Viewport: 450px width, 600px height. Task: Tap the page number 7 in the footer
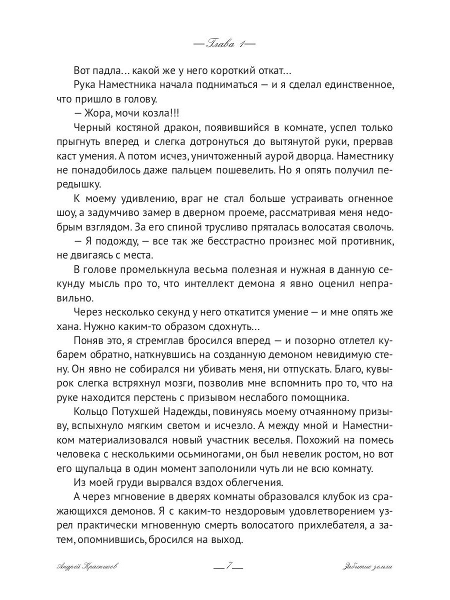coord(228,566)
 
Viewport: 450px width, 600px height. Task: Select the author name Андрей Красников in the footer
coord(88,566)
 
